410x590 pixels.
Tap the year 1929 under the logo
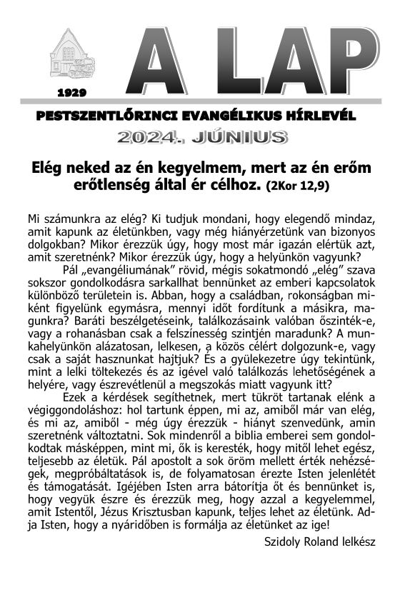(x=71, y=93)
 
